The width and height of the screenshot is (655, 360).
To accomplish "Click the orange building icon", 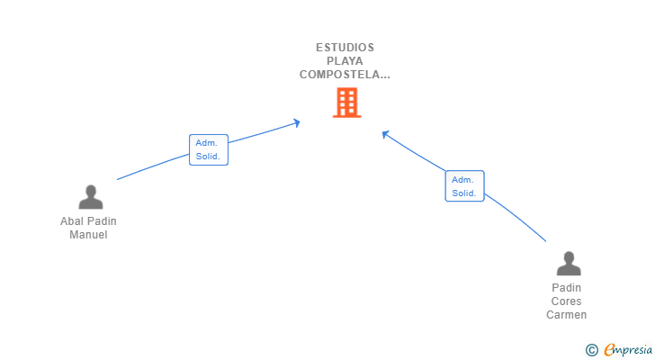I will tap(346, 103).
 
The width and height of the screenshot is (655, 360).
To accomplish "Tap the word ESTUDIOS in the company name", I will tap(345, 48).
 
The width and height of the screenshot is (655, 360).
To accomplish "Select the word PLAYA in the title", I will tap(345, 61).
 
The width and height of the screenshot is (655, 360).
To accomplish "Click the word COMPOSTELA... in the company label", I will tap(345, 75).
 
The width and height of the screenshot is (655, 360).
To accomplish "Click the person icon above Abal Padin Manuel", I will tap(90, 197).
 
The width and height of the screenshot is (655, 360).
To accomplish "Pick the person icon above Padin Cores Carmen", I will tap(569, 264).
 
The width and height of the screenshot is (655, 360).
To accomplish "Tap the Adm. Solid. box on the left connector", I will tap(209, 149).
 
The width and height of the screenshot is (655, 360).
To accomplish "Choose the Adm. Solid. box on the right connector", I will tap(464, 186).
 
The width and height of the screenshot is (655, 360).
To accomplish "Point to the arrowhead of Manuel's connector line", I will tap(297, 122).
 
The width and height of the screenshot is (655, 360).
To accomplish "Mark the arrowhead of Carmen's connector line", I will tap(385, 134).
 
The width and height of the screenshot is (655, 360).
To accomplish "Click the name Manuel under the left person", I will tap(88, 235).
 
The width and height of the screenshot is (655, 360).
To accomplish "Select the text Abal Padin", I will tap(88, 221).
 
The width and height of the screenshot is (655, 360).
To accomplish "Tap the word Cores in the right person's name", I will tap(567, 301).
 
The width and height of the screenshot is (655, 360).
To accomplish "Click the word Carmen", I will tap(567, 315).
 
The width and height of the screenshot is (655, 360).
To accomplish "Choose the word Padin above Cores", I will tap(567, 288).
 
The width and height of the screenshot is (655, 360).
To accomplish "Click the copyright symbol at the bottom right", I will tap(591, 350).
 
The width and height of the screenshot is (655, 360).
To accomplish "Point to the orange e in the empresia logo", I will tap(609, 350).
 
